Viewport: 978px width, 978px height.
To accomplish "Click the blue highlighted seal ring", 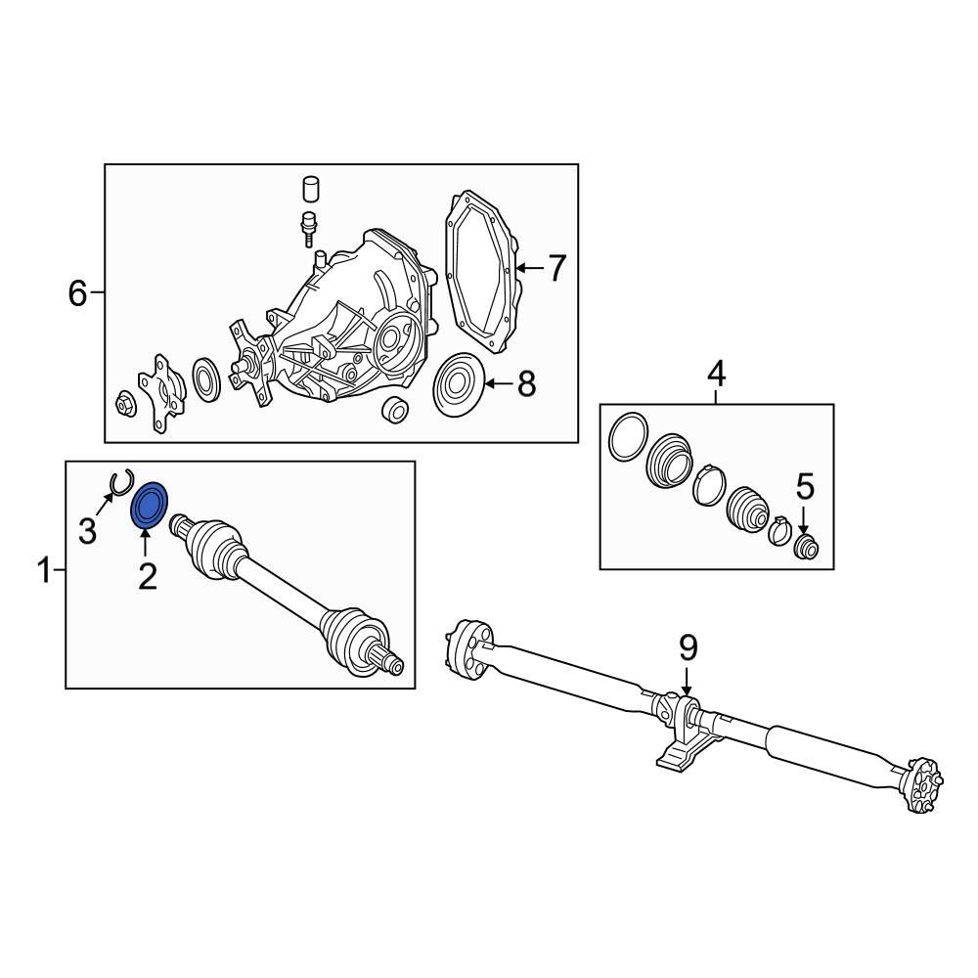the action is click(149, 506).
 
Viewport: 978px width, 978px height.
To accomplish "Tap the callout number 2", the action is click(148, 576).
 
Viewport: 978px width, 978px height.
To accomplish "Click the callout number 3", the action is click(87, 531).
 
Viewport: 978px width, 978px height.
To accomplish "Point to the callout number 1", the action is click(44, 570).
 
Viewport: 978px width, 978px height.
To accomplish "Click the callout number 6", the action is click(77, 293).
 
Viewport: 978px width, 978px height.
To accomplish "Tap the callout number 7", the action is click(556, 268).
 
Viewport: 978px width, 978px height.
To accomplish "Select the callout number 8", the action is click(527, 383).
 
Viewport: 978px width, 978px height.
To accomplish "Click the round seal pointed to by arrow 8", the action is click(459, 384).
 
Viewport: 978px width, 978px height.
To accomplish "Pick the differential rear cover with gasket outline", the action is click(481, 273).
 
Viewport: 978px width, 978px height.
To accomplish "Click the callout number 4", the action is click(717, 376).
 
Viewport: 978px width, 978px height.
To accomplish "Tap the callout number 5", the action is click(805, 486).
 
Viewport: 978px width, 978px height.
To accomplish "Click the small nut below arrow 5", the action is click(805, 547).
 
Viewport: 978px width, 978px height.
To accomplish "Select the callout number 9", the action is click(688, 648).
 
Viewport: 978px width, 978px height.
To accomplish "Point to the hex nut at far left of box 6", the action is click(125, 404).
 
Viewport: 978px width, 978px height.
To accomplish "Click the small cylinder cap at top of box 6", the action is click(312, 190).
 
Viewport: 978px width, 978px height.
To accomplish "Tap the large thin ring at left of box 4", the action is click(628, 438).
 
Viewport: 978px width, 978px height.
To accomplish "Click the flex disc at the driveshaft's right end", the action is click(924, 784).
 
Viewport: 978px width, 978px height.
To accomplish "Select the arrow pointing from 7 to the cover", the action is click(530, 269).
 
